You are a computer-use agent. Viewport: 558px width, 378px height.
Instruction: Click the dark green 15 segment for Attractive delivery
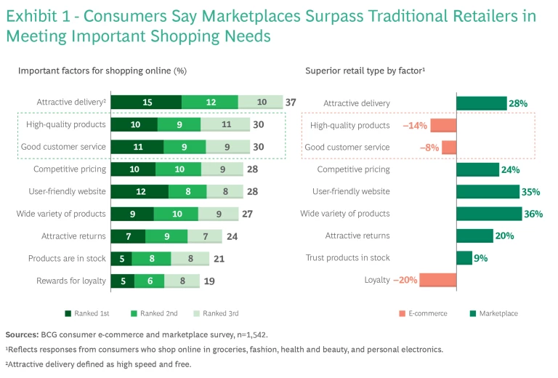[146, 102]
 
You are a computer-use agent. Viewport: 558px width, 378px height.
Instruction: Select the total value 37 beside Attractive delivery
[291, 102]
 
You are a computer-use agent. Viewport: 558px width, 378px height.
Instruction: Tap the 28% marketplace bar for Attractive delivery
[481, 103]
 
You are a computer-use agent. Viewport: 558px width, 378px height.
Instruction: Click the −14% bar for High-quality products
[442, 125]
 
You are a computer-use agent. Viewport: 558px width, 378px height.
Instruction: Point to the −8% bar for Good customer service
[449, 148]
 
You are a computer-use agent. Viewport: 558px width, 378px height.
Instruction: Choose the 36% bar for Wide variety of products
[488, 214]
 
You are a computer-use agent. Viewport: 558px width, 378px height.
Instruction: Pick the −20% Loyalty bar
[437, 280]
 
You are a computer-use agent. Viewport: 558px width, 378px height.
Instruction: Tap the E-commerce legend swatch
[401, 313]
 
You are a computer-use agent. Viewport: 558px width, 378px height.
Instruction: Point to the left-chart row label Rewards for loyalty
[70, 281]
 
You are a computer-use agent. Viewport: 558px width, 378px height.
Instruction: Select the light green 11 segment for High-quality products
[225, 125]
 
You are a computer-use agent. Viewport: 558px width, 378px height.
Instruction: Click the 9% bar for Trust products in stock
[464, 258]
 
